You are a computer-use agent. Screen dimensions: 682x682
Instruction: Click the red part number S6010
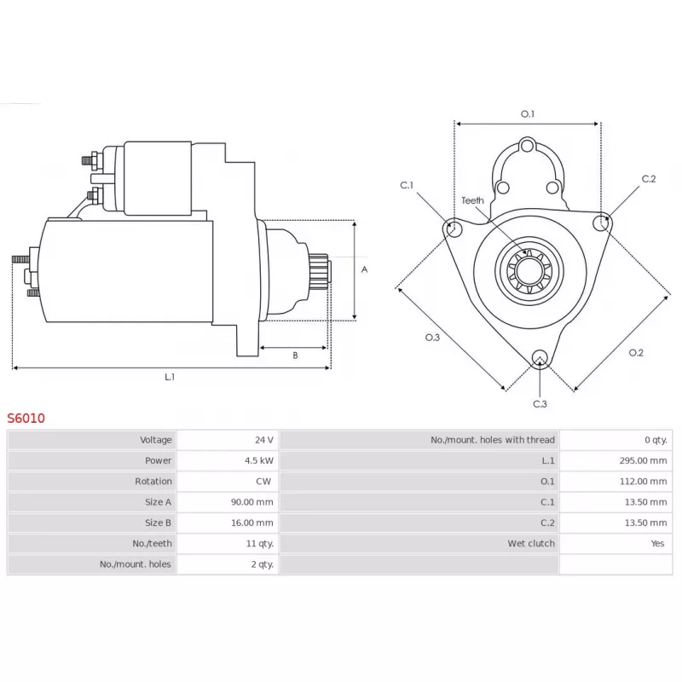26,418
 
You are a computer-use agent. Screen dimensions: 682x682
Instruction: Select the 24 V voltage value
264,440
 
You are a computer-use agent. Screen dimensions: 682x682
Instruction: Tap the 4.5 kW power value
259,460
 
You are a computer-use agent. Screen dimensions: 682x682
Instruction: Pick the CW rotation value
263,481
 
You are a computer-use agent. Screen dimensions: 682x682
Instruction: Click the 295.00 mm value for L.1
643,460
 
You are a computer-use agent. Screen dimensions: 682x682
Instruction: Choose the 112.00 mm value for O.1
643,481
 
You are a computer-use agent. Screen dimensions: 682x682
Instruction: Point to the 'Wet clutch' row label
531,543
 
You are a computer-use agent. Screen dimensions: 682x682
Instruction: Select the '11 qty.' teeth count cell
260,543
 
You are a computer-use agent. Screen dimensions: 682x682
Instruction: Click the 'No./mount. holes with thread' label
493,440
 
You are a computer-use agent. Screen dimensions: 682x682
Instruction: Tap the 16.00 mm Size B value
252,523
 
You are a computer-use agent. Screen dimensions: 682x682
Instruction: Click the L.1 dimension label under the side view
170,377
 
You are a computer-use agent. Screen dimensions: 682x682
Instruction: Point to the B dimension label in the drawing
295,355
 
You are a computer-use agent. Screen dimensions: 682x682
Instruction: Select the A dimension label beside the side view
365,269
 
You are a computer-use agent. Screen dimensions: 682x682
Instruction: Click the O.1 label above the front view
528,114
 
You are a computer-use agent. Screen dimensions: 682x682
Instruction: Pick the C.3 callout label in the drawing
540,403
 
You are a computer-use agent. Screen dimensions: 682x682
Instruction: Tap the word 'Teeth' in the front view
472,200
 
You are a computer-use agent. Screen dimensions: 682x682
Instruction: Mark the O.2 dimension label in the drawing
636,352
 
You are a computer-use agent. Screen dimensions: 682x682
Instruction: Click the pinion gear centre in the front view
529,271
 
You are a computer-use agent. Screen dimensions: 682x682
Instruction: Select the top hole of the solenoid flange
528,146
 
